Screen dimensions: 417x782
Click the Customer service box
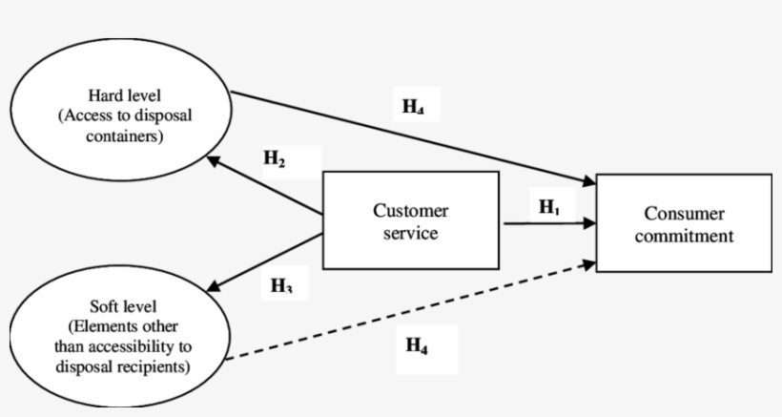coord(411,220)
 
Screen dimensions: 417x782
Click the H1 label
coord(550,207)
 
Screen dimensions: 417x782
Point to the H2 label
coord(275,159)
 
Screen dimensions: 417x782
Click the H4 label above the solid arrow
coord(413,107)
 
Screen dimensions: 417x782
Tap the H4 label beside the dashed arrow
coord(417,346)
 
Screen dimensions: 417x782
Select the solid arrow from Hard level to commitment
coord(410,136)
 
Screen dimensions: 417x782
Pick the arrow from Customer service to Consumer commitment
coord(547,223)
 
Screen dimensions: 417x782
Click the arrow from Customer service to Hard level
coord(267,192)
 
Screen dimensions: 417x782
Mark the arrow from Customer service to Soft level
coord(267,260)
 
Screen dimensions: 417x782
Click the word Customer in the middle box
coord(410,211)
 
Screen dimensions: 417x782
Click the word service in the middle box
coord(410,232)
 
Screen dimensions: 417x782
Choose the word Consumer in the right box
coord(684,214)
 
